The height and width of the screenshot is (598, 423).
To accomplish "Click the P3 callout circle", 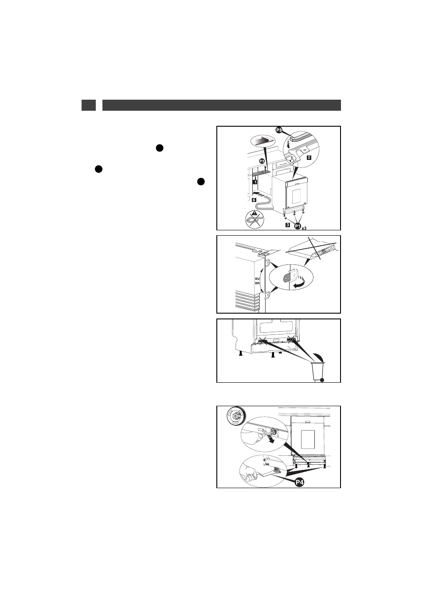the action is click(x=279, y=130).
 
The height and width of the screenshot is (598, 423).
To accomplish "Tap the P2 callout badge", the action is click(x=262, y=161).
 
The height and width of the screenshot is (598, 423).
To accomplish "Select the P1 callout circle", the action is click(x=298, y=226).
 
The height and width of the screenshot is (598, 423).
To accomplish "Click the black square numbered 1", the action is click(x=255, y=182).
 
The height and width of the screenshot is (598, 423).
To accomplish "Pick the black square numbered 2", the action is click(x=309, y=158).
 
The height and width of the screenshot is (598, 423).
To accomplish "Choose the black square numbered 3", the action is click(x=288, y=225).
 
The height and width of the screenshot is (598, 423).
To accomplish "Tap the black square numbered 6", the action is click(x=254, y=200).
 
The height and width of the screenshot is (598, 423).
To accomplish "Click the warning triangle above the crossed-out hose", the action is click(x=255, y=213).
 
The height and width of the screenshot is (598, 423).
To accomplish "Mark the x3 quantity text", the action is click(x=304, y=228).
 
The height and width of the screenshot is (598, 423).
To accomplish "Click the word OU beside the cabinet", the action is click(x=257, y=279).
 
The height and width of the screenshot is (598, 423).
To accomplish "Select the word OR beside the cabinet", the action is click(x=257, y=283).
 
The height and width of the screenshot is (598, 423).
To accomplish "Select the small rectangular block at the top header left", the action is click(x=88, y=105).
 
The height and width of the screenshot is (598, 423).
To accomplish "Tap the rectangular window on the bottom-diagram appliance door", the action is click(x=308, y=439).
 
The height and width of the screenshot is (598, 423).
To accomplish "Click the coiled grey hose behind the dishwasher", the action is click(x=263, y=206).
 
